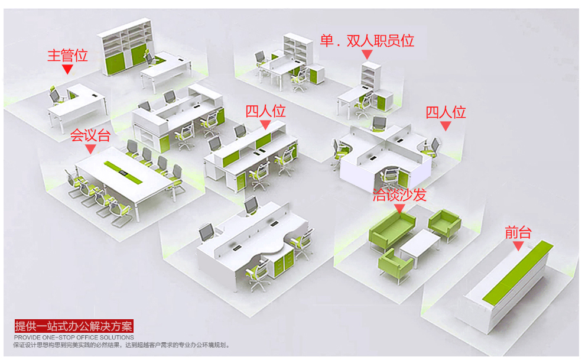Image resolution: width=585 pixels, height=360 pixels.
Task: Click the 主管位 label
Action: (67, 56)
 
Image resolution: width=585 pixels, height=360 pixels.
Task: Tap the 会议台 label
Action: (90, 135)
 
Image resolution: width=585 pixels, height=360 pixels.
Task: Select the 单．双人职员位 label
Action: (367, 40)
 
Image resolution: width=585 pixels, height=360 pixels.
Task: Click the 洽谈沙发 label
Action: (399, 195)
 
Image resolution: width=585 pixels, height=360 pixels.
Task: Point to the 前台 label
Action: (518, 232)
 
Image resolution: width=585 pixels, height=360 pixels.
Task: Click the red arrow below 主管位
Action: (67, 69)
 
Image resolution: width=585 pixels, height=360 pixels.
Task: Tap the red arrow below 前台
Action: (518, 245)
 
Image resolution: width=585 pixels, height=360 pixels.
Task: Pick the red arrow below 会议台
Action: (90, 149)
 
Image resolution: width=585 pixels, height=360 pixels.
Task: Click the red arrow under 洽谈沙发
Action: (399, 207)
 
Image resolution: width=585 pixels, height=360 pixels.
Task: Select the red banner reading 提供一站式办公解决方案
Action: (74, 326)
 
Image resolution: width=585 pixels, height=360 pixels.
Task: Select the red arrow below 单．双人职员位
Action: (367, 54)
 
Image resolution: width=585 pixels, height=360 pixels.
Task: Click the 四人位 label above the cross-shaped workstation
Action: (446, 112)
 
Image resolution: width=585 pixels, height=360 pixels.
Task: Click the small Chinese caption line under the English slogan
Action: (122, 345)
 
